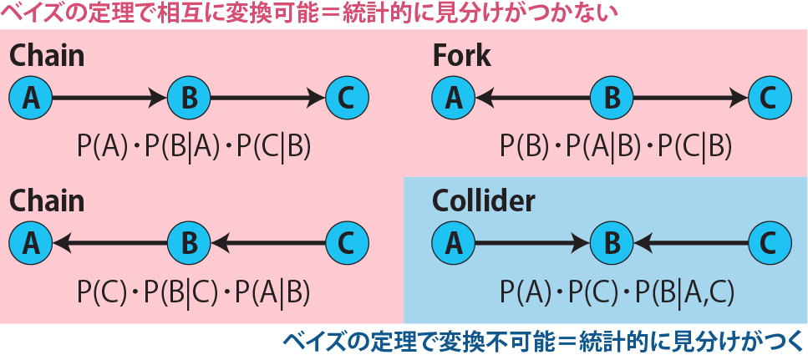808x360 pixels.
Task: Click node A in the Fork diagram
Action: coord(453,99)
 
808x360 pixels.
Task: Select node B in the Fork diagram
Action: coord(612,99)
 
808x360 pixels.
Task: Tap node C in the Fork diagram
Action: coord(770,99)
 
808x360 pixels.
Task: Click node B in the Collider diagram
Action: coord(612,243)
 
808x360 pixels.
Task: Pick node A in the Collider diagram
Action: coord(453,243)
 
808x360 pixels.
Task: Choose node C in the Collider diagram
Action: coord(770,243)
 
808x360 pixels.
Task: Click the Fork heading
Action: coord(461,57)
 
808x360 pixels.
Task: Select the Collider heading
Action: coord(483,201)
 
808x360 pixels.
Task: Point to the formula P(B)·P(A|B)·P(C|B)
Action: coord(616,146)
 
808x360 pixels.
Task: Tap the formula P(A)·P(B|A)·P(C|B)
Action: coord(194,146)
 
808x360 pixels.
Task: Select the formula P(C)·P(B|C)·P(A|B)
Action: coord(194,291)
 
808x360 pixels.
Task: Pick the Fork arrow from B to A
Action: coord(532,99)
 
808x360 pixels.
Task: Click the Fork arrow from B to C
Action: coord(690,99)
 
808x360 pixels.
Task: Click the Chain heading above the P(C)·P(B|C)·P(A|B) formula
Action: coord(47,201)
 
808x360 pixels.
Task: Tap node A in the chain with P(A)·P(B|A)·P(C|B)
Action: coord(31,99)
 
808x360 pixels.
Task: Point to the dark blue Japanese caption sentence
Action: coord(542,342)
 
